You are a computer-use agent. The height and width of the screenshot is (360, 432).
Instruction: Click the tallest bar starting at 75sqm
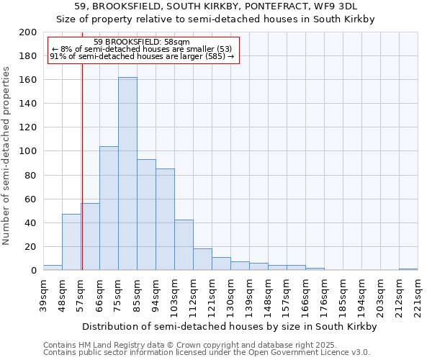pos(127,174)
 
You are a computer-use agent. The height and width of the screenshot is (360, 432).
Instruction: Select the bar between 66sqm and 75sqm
pos(109,208)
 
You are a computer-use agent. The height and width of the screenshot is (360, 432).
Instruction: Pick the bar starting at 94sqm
pos(165,219)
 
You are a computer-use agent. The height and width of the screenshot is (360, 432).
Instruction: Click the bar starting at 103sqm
pos(184,245)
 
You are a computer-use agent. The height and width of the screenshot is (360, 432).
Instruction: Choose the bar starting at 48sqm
pos(71,242)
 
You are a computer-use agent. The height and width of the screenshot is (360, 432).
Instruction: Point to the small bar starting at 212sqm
pos(408,269)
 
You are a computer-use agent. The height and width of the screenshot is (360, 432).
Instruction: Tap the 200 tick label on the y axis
pos(28,32)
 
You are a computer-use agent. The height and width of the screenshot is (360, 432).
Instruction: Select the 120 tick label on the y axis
pos(28,127)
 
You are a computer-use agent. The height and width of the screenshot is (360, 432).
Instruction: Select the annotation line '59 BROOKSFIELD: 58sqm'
pos(142,42)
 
